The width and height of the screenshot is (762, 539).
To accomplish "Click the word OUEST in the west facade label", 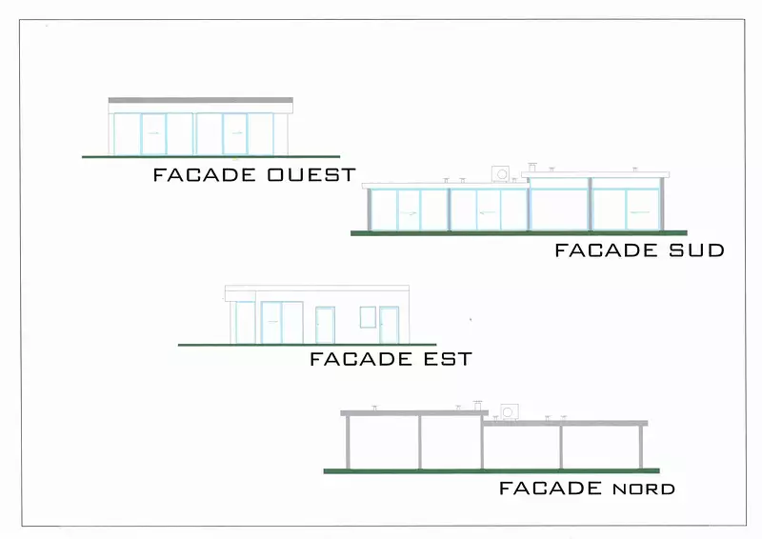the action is pos(311,174).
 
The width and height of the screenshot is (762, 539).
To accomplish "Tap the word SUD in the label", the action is pos(697,250).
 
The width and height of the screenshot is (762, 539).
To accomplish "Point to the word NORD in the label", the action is pos(644,489).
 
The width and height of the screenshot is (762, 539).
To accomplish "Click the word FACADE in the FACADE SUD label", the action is pos(606,250).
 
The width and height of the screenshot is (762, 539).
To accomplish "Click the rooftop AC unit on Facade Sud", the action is pos(501,173).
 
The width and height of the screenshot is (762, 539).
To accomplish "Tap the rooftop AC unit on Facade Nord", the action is pos(509,412).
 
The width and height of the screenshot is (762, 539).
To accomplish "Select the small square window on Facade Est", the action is pos(368,317).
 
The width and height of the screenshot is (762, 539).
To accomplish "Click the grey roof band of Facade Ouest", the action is pos(201,100).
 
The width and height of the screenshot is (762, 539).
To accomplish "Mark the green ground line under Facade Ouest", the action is pos(211,156).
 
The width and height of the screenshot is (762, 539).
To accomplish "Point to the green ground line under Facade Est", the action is pos(307,345).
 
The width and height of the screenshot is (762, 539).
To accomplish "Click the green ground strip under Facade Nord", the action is pos(491,471).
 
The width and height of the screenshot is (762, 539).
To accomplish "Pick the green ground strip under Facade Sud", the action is pos(519,233).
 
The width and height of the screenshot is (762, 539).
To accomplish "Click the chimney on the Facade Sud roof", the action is pos(532,168).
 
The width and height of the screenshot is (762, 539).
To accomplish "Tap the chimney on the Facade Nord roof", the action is pos(478,406).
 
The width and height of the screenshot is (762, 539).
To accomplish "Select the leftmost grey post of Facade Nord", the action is pos(348,442).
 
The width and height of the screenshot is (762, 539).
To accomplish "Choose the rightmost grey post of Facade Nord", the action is pos(641,448).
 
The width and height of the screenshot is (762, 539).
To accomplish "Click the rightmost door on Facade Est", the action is pos(389,325).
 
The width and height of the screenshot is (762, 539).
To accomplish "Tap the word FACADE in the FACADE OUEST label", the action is pos(205,174).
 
